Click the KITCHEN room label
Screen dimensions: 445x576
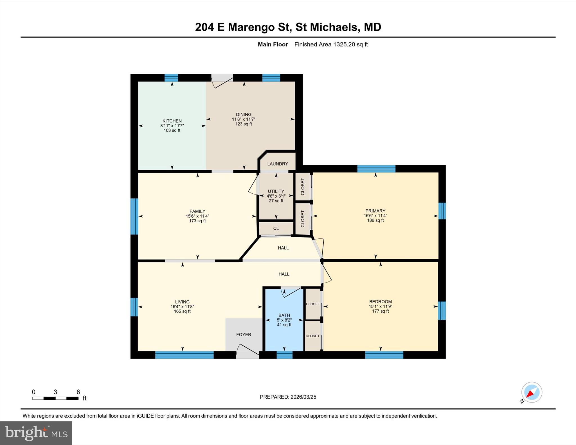172,121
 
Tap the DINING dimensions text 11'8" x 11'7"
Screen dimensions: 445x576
244,119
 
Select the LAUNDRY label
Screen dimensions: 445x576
278,164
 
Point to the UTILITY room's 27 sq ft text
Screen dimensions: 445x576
276,201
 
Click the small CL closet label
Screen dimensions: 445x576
276,229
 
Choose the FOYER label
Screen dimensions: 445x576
244,335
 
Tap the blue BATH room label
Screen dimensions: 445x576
284,315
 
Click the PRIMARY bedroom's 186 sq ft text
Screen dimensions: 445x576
375,220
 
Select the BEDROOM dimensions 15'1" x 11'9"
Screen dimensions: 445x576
380,306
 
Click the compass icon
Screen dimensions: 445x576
531,392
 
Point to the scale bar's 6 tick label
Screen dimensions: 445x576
78,392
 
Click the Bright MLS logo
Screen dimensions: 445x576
36,433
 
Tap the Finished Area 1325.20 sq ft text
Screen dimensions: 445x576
331,44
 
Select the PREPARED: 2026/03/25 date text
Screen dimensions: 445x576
288,397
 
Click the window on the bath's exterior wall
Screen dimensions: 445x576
284,355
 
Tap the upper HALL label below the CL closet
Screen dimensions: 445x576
283,248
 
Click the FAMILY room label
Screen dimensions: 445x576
197,211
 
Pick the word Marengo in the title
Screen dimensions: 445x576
251,27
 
